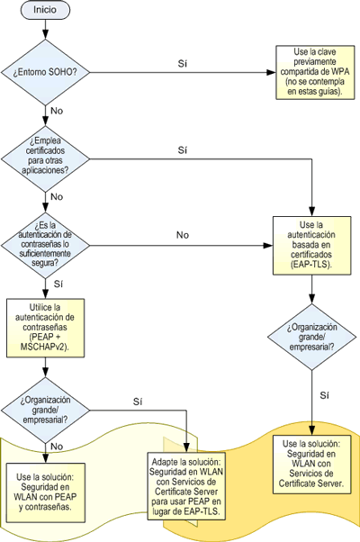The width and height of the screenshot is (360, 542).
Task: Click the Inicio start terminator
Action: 45,10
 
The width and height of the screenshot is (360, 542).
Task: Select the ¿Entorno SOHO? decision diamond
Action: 45,73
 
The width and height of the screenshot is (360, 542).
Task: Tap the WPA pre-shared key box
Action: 315,72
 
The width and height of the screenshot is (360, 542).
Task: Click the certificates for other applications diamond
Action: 45,159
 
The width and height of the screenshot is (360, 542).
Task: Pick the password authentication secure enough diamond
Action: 45,246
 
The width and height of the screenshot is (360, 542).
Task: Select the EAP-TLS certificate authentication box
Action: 312,246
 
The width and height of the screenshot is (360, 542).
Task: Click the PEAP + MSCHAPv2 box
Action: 45,328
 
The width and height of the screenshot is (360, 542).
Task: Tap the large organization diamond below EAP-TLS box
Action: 312,337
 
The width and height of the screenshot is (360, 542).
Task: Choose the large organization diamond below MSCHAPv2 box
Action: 45,411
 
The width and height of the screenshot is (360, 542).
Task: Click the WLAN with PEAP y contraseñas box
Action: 45,492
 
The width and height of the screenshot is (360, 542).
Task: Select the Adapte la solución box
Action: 186,486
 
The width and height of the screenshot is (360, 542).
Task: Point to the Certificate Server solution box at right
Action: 312,464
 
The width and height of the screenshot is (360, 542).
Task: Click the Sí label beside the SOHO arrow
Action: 183,64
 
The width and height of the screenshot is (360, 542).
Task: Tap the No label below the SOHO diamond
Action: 57,111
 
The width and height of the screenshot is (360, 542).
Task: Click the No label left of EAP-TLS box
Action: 183,235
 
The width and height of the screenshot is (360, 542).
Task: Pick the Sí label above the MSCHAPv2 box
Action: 58,284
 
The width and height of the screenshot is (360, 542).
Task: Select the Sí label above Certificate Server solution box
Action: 324,395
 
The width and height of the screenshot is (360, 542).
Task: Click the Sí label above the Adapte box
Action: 138,402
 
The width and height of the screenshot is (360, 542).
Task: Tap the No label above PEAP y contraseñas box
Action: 57,447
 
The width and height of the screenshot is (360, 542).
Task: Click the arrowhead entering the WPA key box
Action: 271,73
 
